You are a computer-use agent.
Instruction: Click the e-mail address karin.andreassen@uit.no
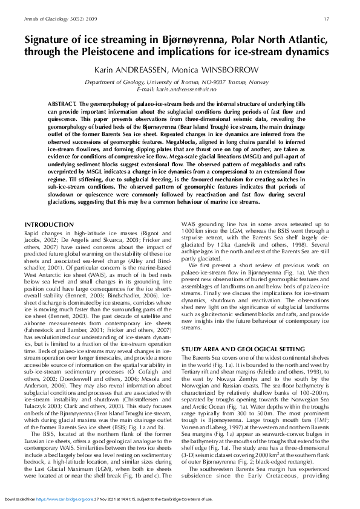(194, 89)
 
